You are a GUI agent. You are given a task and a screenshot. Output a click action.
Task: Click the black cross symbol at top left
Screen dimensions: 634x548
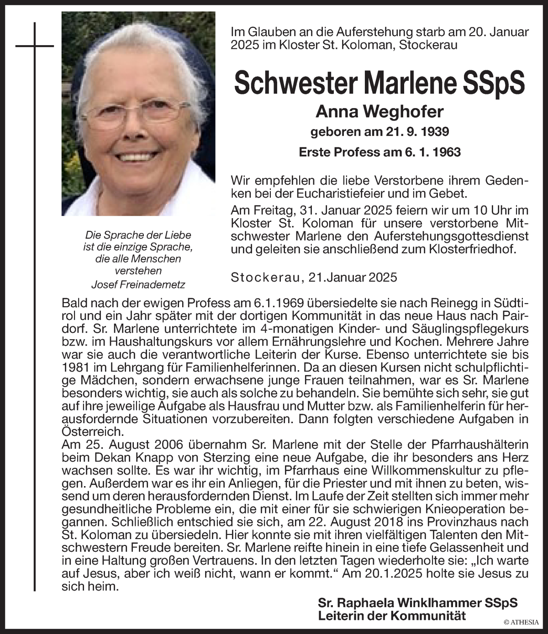click(35, 46)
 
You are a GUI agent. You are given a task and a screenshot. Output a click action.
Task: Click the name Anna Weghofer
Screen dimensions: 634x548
click(379, 111)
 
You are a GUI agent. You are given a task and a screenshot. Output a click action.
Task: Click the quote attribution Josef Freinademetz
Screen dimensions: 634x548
click(138, 284)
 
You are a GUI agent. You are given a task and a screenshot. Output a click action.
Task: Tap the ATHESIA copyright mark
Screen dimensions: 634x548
click(522, 621)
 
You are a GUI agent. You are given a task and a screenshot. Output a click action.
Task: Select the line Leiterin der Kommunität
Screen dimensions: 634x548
click(392, 615)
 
